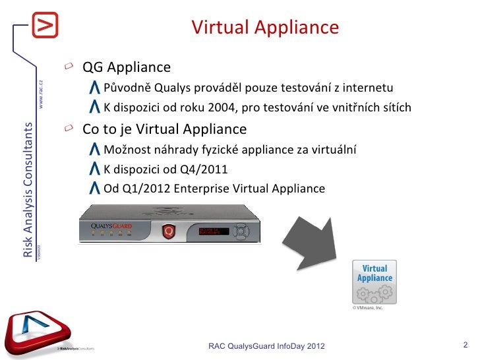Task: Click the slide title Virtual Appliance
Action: [x=265, y=28]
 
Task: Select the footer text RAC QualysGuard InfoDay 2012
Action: [x=266, y=346]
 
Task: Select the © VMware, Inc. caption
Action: [x=367, y=308]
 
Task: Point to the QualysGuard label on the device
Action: [x=112, y=226]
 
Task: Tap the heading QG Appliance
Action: [x=126, y=68]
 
